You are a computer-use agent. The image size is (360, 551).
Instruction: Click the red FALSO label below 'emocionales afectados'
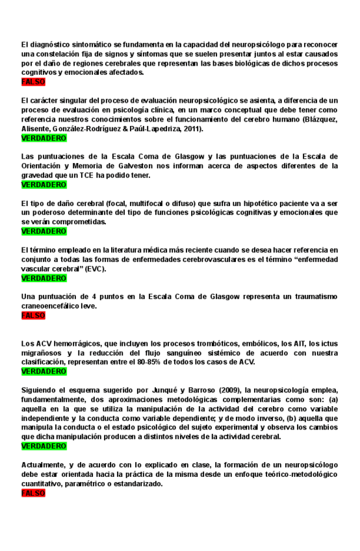(33, 83)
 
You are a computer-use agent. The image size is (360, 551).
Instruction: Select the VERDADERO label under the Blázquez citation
(44, 138)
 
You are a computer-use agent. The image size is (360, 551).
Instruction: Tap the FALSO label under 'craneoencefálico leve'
(33, 315)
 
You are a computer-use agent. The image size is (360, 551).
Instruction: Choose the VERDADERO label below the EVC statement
(44, 278)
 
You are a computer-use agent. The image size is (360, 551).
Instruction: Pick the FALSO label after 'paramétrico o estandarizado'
(33, 493)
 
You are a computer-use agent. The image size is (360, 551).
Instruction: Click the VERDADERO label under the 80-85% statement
(44, 371)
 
